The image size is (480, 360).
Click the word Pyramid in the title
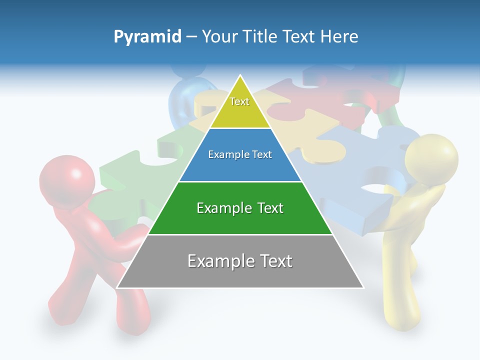click(147, 37)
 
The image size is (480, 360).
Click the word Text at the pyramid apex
click(239, 101)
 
